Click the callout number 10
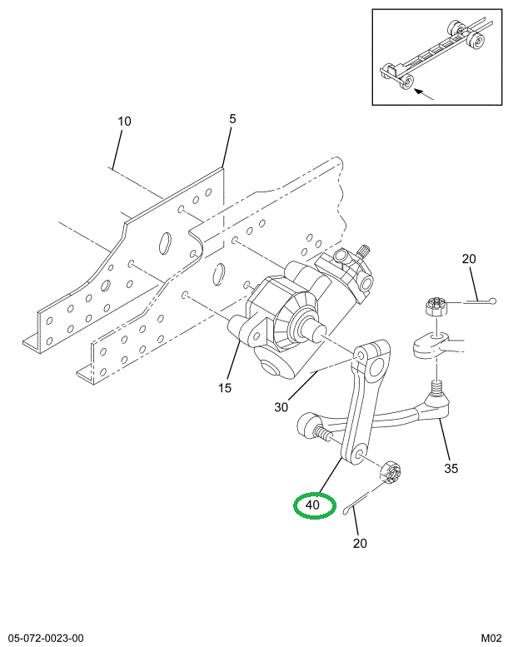point(124,122)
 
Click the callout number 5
point(232,119)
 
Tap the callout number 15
point(225,388)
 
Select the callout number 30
point(281,407)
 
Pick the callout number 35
point(451,468)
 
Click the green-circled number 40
point(313,505)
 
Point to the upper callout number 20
point(469,259)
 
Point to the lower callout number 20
point(360,543)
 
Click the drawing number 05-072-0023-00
point(45,639)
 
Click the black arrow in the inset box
point(424,94)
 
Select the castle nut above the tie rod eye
point(436,306)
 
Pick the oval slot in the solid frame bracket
point(165,243)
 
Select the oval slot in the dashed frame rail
point(219,274)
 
